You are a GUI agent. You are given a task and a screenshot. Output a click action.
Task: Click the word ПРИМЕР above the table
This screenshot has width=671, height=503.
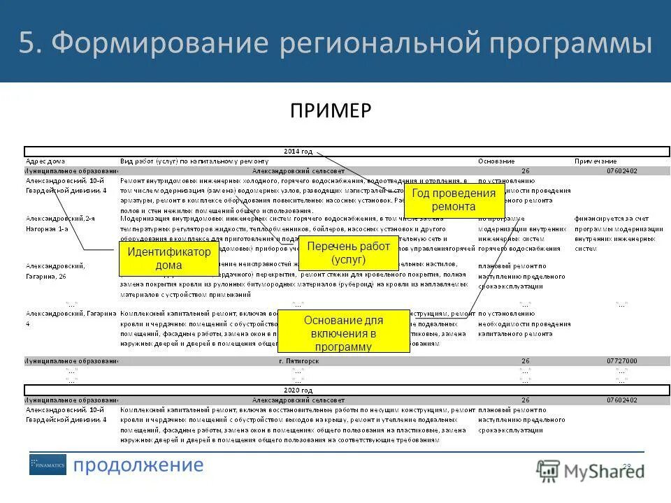pos(331,111)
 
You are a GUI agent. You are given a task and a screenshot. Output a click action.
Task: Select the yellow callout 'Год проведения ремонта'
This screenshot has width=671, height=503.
pos(454,200)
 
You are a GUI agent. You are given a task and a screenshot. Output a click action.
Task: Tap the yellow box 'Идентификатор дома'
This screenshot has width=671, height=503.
pos(169,258)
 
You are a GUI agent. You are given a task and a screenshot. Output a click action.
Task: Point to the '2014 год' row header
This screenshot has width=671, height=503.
pos(298,151)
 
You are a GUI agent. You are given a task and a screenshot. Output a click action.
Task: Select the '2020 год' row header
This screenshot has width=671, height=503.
pos(298,390)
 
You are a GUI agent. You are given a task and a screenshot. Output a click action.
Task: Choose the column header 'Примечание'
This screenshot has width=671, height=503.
pos(596,161)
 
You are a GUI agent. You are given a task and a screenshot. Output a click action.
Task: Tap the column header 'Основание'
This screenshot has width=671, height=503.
pos(496,161)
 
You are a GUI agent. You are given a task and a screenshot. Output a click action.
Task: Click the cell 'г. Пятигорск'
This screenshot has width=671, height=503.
pos(298,361)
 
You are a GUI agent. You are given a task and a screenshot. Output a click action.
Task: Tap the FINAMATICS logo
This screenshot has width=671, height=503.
pos(48,465)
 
